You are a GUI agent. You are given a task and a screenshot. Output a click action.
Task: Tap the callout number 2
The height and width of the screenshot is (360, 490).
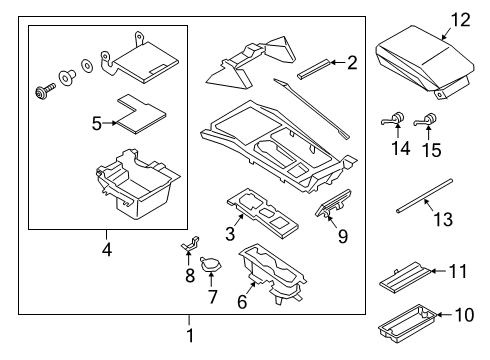point(351,63)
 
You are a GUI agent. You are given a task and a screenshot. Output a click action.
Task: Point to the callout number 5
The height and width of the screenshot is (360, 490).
point(97,123)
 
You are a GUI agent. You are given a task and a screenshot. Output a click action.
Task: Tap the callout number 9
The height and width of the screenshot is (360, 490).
point(343,237)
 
